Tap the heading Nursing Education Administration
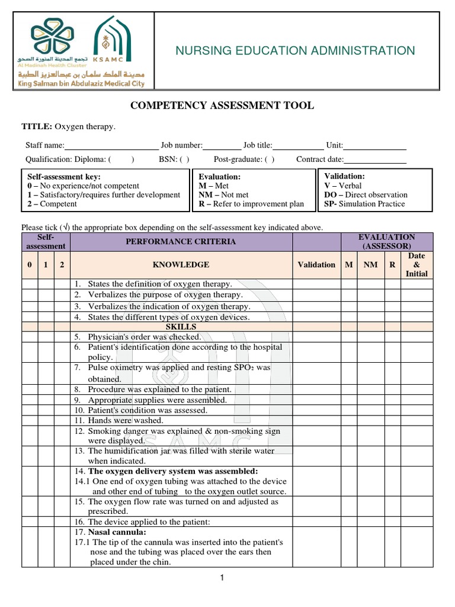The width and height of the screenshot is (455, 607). [295, 51]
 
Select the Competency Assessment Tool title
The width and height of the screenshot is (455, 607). [222, 106]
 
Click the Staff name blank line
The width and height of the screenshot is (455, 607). [111, 145]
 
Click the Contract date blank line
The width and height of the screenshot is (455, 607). [375, 159]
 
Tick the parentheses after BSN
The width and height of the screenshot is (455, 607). [185, 159]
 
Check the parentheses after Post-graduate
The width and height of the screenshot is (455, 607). [270, 159]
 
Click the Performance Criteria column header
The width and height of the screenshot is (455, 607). [181, 242]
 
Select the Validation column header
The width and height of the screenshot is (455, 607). [316, 265]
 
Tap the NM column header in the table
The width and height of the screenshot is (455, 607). [370, 265]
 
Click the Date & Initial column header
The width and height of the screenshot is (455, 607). [416, 265]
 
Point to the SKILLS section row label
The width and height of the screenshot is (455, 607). [181, 327]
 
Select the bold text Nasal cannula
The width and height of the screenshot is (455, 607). [114, 532]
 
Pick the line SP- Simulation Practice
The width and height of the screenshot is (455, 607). [364, 204]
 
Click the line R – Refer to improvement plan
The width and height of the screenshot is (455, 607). [251, 204]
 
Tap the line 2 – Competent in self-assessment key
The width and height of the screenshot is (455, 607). [52, 204]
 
